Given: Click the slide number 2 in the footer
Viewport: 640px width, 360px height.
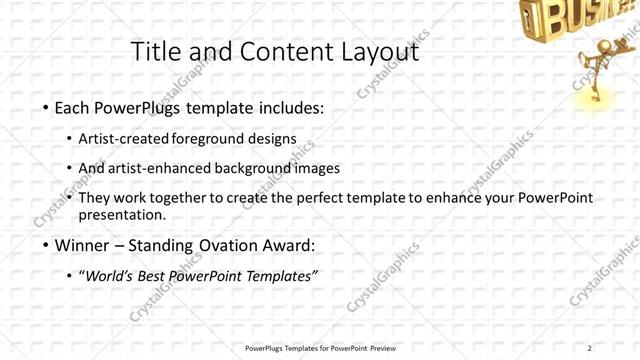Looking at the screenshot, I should pos(590,348).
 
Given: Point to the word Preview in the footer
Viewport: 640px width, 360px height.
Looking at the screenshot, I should pos(378,348).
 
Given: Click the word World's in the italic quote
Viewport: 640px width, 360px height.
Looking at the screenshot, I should pos(112,276).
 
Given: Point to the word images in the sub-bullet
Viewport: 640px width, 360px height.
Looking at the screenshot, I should pos(317,168).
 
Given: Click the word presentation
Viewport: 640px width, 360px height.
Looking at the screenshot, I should pos(122,215).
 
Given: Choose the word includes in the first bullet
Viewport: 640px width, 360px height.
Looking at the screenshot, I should pos(289,107).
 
